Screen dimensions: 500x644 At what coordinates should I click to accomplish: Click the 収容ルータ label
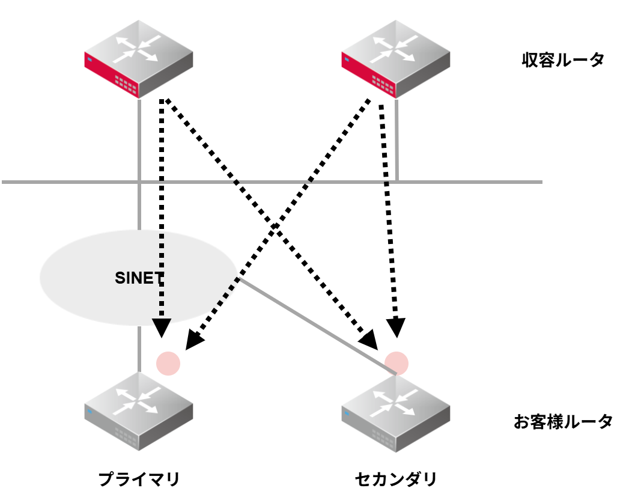point(563,60)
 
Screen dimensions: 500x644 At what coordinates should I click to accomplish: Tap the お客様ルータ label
point(563,421)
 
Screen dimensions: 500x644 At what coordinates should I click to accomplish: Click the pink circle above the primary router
point(168,363)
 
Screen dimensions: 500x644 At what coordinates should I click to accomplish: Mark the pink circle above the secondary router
point(396,362)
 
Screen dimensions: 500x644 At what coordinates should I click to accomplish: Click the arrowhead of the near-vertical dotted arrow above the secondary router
point(395,328)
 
